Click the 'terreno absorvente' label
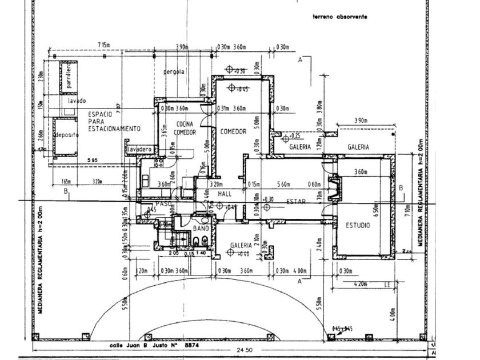pyautogui.click(x=339, y=17)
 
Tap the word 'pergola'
pyautogui.click(x=174, y=72)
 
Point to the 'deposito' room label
pyautogui.click(x=67, y=135)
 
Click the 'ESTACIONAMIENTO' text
pyautogui.click(x=114, y=129)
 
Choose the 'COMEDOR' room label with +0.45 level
pyautogui.click(x=233, y=131)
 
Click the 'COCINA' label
pyautogui.click(x=185, y=124)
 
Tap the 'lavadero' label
pyautogui.click(x=140, y=149)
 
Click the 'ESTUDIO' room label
pyautogui.click(x=357, y=226)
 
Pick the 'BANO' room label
pyautogui.click(x=199, y=229)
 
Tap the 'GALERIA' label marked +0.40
pyautogui.click(x=241, y=245)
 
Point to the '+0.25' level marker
pyautogui.click(x=295, y=137)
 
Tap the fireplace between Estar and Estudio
pyautogui.click(x=335, y=189)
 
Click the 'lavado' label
pyautogui.click(x=77, y=101)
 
